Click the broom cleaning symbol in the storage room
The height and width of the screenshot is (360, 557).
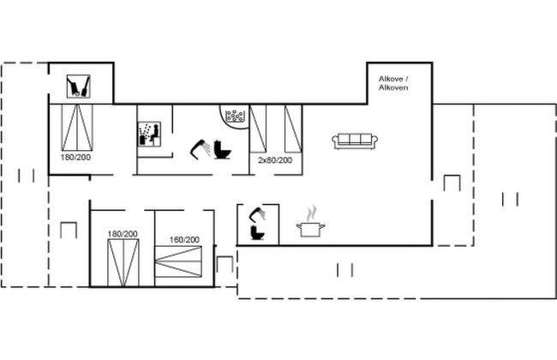[x=79, y=87]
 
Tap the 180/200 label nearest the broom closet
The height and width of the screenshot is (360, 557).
[x=75, y=157]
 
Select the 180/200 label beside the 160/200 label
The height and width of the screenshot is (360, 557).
[x=123, y=234]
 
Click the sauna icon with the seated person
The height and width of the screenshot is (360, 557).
[x=149, y=134]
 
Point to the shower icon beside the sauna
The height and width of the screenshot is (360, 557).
[x=200, y=149]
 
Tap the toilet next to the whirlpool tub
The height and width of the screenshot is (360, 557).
[x=223, y=150]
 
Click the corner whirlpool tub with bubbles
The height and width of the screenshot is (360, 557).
[x=234, y=115]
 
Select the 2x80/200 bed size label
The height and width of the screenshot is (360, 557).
[x=275, y=160]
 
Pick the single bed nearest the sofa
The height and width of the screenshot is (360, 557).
[x=293, y=129]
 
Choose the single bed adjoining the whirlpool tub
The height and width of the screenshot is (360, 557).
[x=258, y=129]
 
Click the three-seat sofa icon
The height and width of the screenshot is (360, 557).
[x=355, y=141]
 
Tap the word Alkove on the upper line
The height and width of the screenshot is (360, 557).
[x=391, y=79]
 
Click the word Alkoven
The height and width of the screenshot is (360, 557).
[x=393, y=87]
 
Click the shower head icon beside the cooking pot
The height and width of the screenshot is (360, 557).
[x=258, y=214]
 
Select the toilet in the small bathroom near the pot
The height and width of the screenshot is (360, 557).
[x=257, y=232]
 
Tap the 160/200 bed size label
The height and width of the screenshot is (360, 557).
[x=184, y=240]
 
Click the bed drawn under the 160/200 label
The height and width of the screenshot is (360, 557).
[x=178, y=261]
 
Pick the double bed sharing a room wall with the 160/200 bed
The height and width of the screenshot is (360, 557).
[x=123, y=262]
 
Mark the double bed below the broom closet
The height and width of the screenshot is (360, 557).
[x=77, y=128]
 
